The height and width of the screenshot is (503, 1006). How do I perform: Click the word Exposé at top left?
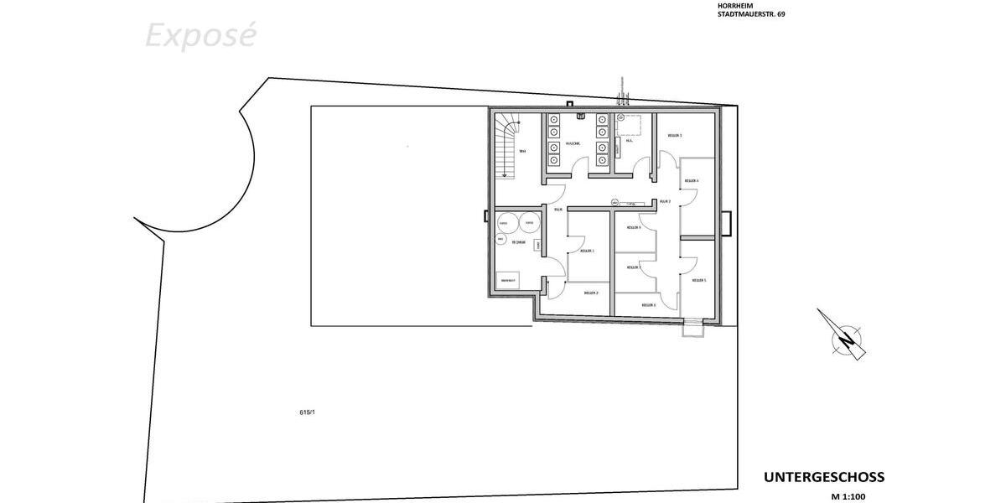pos(200,36)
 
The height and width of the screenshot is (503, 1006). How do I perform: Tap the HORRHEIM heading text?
pos(735,5)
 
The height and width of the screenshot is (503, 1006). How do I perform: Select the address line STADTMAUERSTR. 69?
pos(752,14)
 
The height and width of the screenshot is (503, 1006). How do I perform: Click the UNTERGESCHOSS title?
pos(823,477)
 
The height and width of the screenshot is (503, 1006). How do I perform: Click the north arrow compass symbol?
pos(847,337)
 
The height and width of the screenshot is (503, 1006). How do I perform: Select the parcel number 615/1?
pos(306,412)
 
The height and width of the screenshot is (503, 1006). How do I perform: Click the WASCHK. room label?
pos(573,143)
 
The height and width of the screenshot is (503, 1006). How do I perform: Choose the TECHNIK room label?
pos(519,242)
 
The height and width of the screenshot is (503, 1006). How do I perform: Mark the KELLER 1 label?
pos(588,251)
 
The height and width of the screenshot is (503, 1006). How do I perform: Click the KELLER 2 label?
pos(590,293)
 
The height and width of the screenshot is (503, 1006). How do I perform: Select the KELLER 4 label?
pos(692,181)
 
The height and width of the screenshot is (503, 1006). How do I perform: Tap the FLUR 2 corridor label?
pos(665,201)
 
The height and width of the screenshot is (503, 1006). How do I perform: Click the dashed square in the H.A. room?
pos(630,124)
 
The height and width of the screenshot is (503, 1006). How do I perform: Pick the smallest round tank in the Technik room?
pos(501,239)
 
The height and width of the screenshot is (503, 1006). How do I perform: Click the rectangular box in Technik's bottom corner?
pos(508,280)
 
